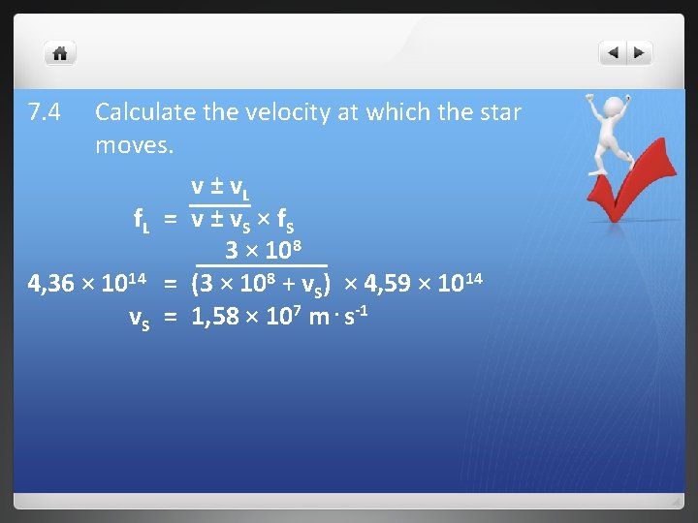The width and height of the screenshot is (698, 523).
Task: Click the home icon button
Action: tap(60, 53)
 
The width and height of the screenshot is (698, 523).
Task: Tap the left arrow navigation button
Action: tap(613, 53)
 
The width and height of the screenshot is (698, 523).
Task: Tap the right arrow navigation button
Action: tap(640, 53)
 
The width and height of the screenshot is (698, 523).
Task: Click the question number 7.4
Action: tap(45, 113)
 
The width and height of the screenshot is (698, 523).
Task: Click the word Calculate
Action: tap(145, 113)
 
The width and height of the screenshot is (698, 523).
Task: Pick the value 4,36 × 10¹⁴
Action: tap(86, 285)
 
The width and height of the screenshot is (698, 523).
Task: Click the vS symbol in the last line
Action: tap(140, 318)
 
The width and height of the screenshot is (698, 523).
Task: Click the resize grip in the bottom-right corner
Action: tap(675, 502)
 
